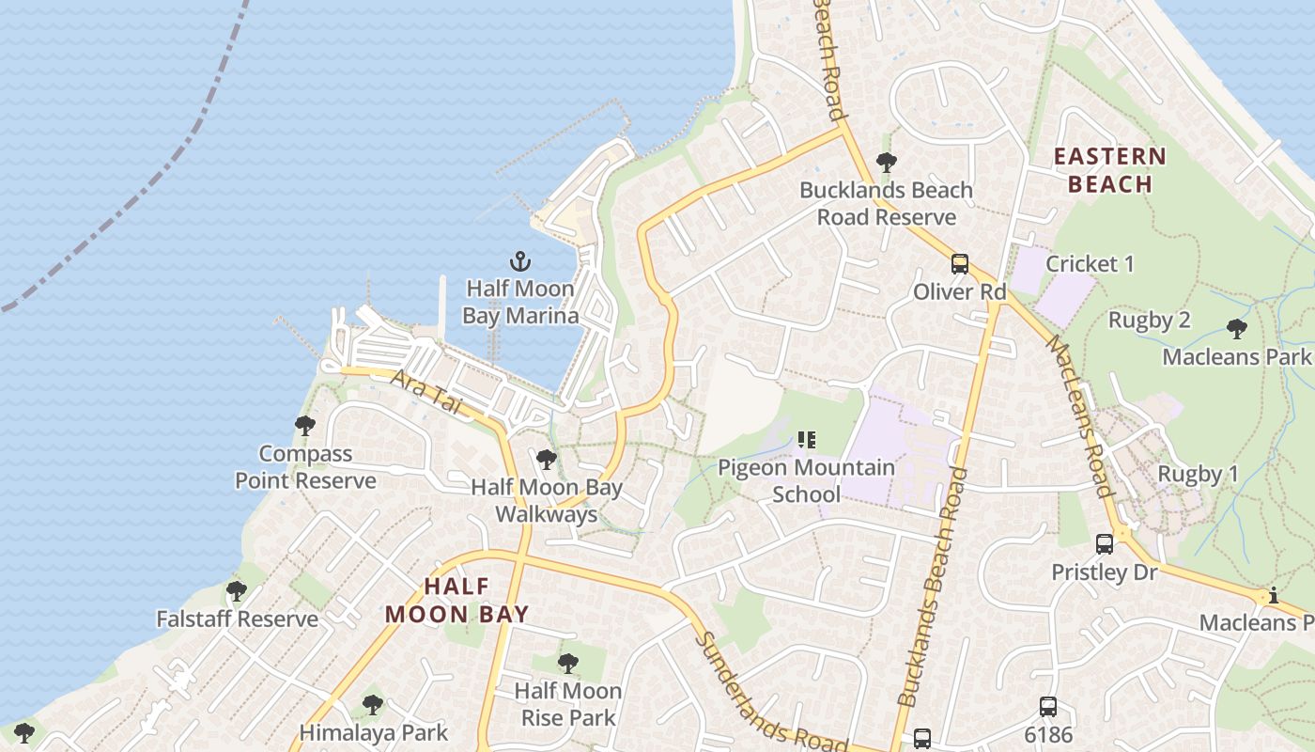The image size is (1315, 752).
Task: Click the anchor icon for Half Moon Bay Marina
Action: point(519,261)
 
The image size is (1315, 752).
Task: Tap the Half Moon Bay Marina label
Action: point(520,302)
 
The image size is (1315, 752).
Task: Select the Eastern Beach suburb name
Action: point(1110,170)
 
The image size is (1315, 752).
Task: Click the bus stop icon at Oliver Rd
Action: point(959,264)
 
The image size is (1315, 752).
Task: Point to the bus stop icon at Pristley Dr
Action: point(1105,543)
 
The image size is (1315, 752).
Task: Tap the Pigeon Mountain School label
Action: point(807,480)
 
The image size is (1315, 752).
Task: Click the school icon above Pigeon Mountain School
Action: point(806,439)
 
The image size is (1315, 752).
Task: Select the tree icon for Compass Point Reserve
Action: point(305,426)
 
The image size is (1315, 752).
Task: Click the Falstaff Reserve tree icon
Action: point(237,591)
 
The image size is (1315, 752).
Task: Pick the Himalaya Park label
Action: point(374,731)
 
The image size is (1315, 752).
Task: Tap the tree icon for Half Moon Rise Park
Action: point(567,664)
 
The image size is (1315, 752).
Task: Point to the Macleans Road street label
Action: point(1079,415)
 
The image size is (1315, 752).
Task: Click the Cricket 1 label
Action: point(1090,264)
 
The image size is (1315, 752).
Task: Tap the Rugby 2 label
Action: point(1149,320)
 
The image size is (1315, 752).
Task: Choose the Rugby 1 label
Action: point(1198,474)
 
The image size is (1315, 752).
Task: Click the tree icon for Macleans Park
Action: point(1237,329)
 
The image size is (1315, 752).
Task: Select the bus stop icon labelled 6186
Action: point(1048,707)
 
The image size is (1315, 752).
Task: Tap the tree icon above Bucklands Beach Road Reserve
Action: point(886,163)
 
